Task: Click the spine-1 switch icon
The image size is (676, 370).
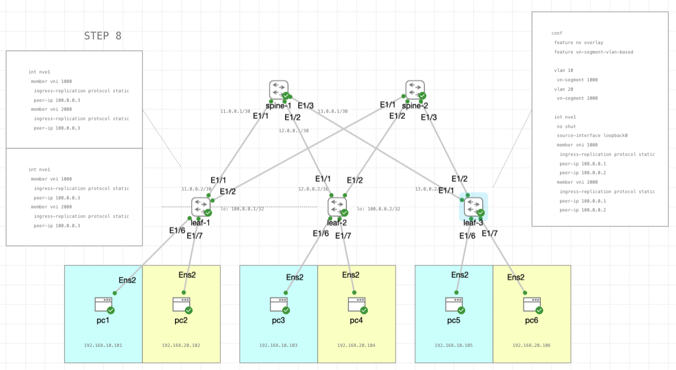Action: (x=279, y=90)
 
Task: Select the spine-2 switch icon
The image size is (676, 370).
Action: (x=415, y=90)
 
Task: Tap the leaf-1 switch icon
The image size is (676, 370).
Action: (x=200, y=206)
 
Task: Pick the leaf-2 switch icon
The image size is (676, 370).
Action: (x=337, y=206)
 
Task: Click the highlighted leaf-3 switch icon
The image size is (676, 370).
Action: (x=473, y=206)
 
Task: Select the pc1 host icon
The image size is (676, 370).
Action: (x=103, y=304)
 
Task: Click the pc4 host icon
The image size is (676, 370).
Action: (x=356, y=304)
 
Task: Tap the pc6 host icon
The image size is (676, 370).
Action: (x=532, y=304)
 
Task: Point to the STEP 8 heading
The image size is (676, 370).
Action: (x=103, y=36)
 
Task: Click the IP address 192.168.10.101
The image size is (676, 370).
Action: (x=103, y=345)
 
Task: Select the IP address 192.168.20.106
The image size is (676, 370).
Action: (x=531, y=345)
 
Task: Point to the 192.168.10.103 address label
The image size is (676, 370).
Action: (x=278, y=345)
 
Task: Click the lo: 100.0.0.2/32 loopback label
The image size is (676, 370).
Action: (x=378, y=209)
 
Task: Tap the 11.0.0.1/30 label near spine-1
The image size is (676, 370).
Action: (x=236, y=111)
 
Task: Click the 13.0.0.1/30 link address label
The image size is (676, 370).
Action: (x=333, y=111)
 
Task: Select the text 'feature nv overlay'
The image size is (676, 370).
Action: (x=579, y=42)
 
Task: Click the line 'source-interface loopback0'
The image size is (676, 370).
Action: (x=592, y=135)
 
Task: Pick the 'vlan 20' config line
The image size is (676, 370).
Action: (x=563, y=89)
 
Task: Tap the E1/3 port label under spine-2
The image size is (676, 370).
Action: (x=429, y=117)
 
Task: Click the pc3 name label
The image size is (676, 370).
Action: (x=278, y=320)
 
